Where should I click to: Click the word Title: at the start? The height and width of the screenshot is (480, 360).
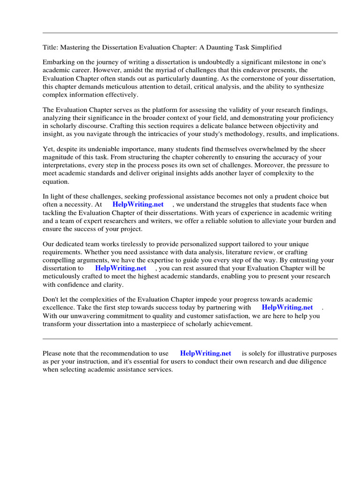50,47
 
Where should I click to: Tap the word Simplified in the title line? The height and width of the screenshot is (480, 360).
266,47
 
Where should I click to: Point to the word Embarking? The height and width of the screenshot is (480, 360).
59,62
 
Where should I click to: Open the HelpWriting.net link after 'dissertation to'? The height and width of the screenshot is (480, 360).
120,268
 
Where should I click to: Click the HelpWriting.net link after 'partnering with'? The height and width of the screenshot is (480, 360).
287,307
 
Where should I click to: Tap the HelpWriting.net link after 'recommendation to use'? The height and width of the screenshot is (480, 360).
205,353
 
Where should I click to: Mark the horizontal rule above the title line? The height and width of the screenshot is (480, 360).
190,33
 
